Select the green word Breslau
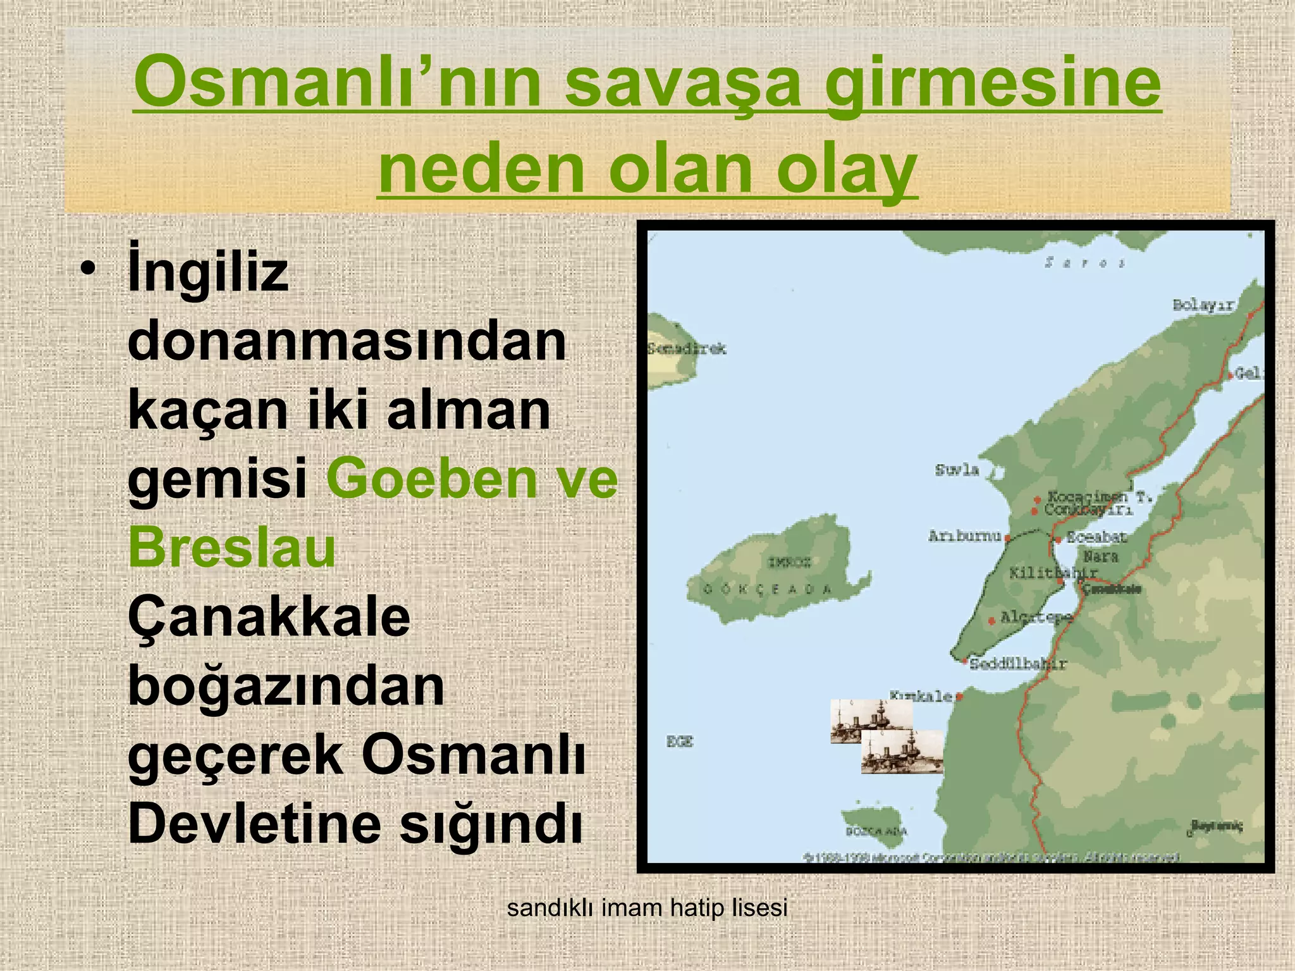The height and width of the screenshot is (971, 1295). pos(231,547)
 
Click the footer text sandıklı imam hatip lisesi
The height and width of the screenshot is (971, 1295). pos(647,908)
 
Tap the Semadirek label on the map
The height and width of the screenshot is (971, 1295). pos(687,348)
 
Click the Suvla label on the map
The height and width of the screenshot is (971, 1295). pos(957,470)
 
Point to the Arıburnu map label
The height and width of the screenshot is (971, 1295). pos(964,536)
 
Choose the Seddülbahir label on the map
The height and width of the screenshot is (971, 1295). pos(1018,664)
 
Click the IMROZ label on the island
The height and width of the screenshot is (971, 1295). pos(789,562)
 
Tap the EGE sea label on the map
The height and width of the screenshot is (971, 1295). pos(680,742)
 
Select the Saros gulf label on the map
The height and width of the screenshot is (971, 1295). pos(1084,262)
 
